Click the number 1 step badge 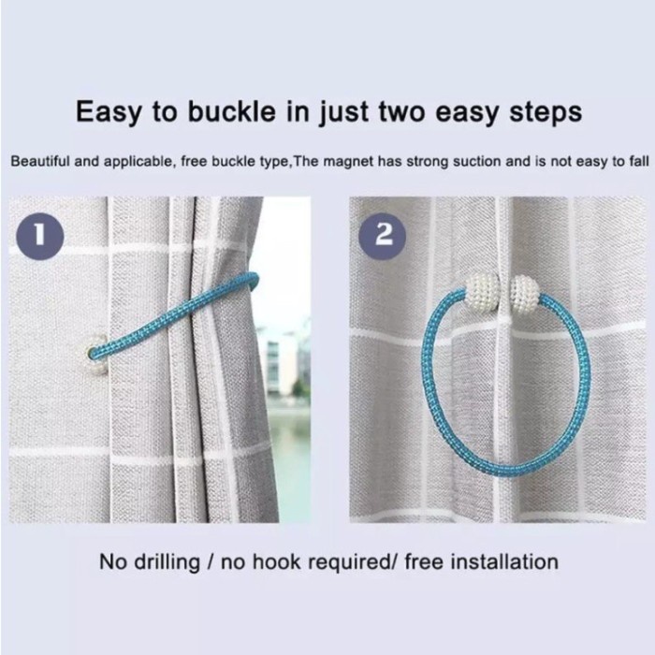[40, 236]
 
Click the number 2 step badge [383, 236]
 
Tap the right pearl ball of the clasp [525, 296]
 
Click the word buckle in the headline [231, 112]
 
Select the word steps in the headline [546, 113]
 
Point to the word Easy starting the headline [109, 113]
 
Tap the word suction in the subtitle [477, 161]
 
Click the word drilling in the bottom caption [167, 561]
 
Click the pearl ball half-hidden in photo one [94, 355]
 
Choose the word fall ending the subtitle [639, 161]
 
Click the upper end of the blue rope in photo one [254, 277]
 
